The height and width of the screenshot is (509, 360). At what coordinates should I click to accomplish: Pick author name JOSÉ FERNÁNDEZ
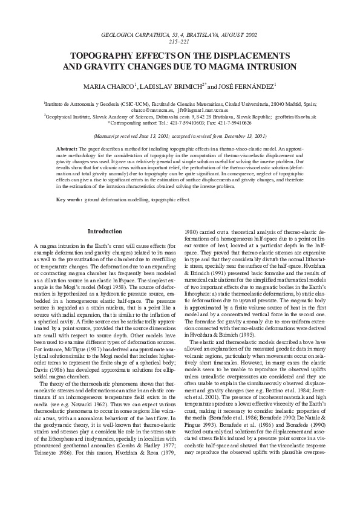248,86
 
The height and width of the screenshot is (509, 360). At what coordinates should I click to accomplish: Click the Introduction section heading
105,231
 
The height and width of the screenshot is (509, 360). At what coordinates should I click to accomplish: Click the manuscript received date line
180,137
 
